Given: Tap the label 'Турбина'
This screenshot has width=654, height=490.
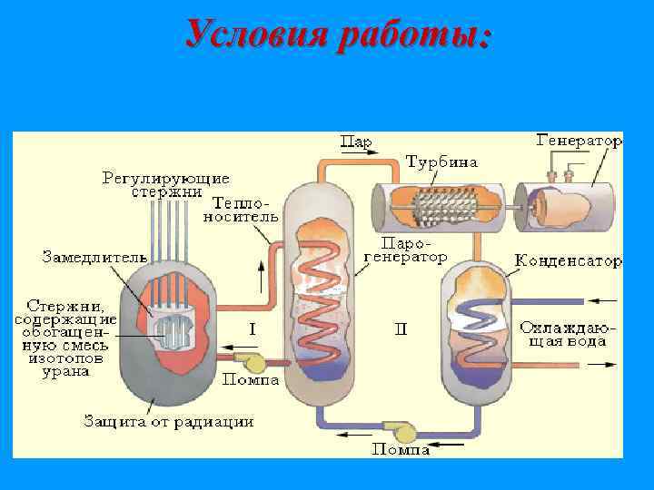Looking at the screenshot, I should coord(441,163).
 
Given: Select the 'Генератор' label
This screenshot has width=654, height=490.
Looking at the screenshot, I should coord(579,142).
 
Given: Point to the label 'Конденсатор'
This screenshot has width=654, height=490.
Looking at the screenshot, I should coord(569,261).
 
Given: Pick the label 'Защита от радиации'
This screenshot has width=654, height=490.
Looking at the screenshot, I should coord(168,421).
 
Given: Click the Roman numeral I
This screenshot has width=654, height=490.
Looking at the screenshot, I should coord(252,328).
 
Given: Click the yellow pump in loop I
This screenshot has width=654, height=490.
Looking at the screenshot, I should coord(255,362).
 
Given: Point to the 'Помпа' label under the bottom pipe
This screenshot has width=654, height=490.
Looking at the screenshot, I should coord(400,448).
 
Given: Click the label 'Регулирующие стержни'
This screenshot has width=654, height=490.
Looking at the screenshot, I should coord(165,184).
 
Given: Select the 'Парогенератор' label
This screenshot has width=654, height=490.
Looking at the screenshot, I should coord(406,250).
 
